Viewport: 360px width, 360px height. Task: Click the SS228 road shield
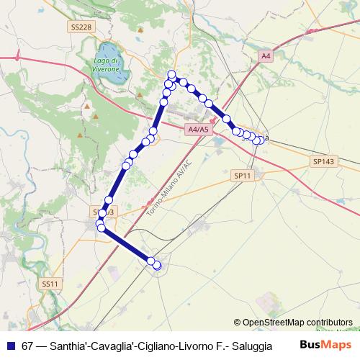81,27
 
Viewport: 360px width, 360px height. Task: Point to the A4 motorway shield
266,55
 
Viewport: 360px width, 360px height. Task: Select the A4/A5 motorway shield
197,130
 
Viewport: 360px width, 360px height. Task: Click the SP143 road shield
323,162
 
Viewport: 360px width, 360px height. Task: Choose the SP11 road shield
243,175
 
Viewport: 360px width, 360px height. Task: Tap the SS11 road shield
50,284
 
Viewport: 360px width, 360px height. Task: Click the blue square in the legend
10,344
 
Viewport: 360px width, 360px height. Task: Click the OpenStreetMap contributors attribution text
297,322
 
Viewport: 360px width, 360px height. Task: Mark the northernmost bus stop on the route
171,74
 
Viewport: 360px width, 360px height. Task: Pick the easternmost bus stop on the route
261,140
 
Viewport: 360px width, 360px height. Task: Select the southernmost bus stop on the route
157,266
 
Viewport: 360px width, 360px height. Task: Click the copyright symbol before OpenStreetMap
238,322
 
